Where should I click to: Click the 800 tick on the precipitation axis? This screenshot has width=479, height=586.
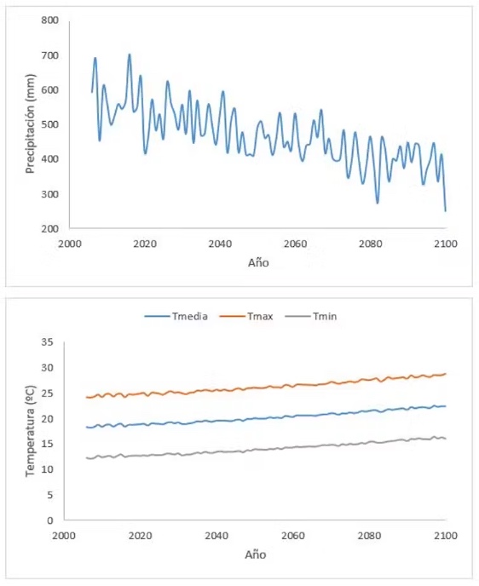coord(49,20)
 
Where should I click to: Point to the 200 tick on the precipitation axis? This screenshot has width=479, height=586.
coord(49,229)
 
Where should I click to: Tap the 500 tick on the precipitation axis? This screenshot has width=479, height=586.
coord(49,124)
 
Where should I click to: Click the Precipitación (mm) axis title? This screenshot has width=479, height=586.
coord(31,124)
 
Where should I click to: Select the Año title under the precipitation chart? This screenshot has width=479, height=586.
coord(258,262)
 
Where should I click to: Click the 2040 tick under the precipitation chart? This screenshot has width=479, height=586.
coord(220,244)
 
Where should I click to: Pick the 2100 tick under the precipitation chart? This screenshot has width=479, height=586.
coord(445,244)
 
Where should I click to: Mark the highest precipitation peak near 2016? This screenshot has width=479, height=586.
coord(130,55)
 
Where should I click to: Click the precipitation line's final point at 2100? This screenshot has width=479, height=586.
coord(446,211)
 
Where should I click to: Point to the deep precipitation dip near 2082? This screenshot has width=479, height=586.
coord(378,203)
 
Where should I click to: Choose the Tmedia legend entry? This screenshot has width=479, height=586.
coord(176,317)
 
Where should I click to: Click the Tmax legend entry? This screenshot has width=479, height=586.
coord(246,317)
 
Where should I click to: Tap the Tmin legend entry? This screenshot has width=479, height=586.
coord(311,317)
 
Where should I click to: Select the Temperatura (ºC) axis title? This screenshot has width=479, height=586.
coord(31,431)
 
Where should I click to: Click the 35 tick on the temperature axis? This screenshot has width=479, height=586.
coord(48,342)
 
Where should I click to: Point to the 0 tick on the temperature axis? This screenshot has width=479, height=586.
coord(50,520)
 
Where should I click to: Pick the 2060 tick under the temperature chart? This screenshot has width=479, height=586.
coord(293,536)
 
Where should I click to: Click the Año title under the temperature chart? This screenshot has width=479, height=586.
coord(256,554)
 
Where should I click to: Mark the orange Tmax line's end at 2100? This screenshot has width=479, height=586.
coord(446,374)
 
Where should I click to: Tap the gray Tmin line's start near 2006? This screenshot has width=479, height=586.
coord(86,458)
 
